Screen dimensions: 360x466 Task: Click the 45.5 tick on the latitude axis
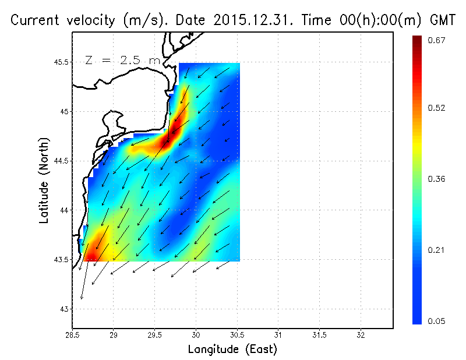61,62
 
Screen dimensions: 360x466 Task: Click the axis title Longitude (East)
232,349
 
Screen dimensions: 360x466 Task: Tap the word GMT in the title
442,20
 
